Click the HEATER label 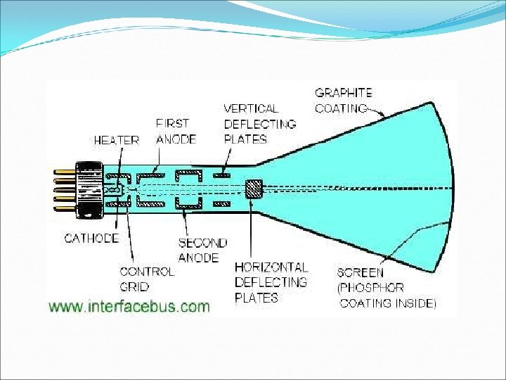117,140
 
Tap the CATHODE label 91,238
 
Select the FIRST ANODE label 175,131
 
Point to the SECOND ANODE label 202,250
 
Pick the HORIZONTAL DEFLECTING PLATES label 271,282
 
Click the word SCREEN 360,272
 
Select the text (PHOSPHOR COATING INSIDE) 387,296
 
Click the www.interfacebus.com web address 129,306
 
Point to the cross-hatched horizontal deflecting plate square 253,188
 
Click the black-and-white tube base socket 90,189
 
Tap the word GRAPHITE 343,92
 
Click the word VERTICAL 251,108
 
